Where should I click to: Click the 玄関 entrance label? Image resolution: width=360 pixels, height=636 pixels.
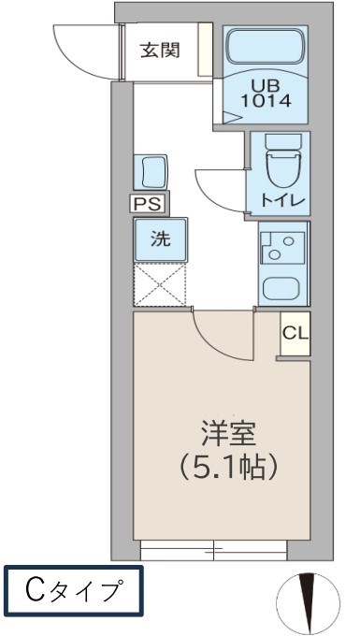click(161, 51)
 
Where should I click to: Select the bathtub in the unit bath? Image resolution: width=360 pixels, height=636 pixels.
click(268, 47)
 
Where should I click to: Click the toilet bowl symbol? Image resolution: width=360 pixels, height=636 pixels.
click(280, 165)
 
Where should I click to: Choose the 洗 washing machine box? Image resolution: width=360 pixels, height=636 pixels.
click(161, 238)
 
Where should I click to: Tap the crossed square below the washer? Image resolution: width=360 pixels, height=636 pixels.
click(161, 284)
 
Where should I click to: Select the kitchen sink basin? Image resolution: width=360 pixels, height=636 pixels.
click(281, 288)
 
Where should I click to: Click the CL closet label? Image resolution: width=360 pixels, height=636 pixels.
click(294, 333)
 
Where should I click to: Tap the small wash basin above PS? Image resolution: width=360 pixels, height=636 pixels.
click(151, 172)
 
